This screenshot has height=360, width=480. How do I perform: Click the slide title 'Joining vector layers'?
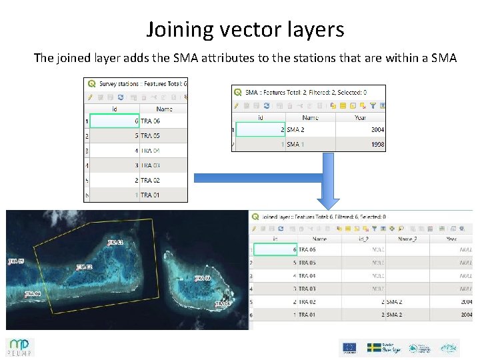pos(245,29)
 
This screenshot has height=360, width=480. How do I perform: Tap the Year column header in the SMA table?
pos(360,117)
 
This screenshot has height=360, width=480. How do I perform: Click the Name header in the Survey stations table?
pos(164,109)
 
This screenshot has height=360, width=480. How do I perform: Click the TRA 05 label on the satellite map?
pos(16,261)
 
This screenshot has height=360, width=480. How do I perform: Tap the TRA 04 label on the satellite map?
pos(33,293)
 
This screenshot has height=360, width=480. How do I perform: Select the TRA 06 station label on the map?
pos(223,304)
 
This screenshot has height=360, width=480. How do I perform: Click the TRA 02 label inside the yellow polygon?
pos(84,267)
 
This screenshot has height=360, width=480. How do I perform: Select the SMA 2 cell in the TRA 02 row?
pos(394,301)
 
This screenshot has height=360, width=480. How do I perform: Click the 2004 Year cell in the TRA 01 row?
pos(464,314)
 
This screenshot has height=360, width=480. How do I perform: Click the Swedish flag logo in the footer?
pos(375,347)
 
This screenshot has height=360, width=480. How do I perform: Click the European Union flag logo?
pos(349,347)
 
